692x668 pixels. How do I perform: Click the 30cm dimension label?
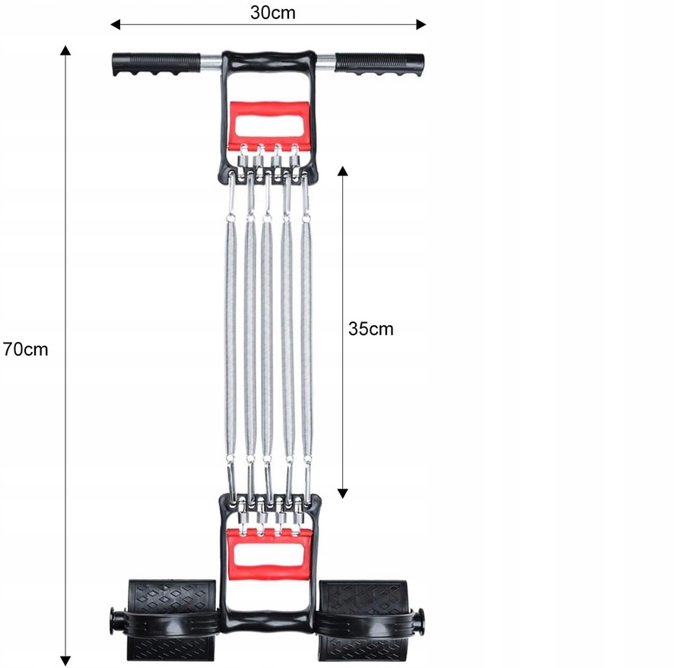pyautogui.click(x=273, y=12)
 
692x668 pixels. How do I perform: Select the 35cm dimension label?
pyautogui.click(x=371, y=329)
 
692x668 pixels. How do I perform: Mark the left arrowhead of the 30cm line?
pyautogui.click(x=116, y=24)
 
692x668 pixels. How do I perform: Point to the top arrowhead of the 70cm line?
pyautogui.click(x=66, y=51)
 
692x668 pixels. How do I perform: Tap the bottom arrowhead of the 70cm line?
pyautogui.click(x=66, y=660)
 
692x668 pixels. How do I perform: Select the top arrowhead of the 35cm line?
pyautogui.click(x=343, y=173)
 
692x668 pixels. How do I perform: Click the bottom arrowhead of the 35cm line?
pyautogui.click(x=343, y=492)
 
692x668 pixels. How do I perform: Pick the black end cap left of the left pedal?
pyautogui.click(x=115, y=616)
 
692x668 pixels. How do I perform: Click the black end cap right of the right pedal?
pyautogui.click(x=419, y=616)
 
